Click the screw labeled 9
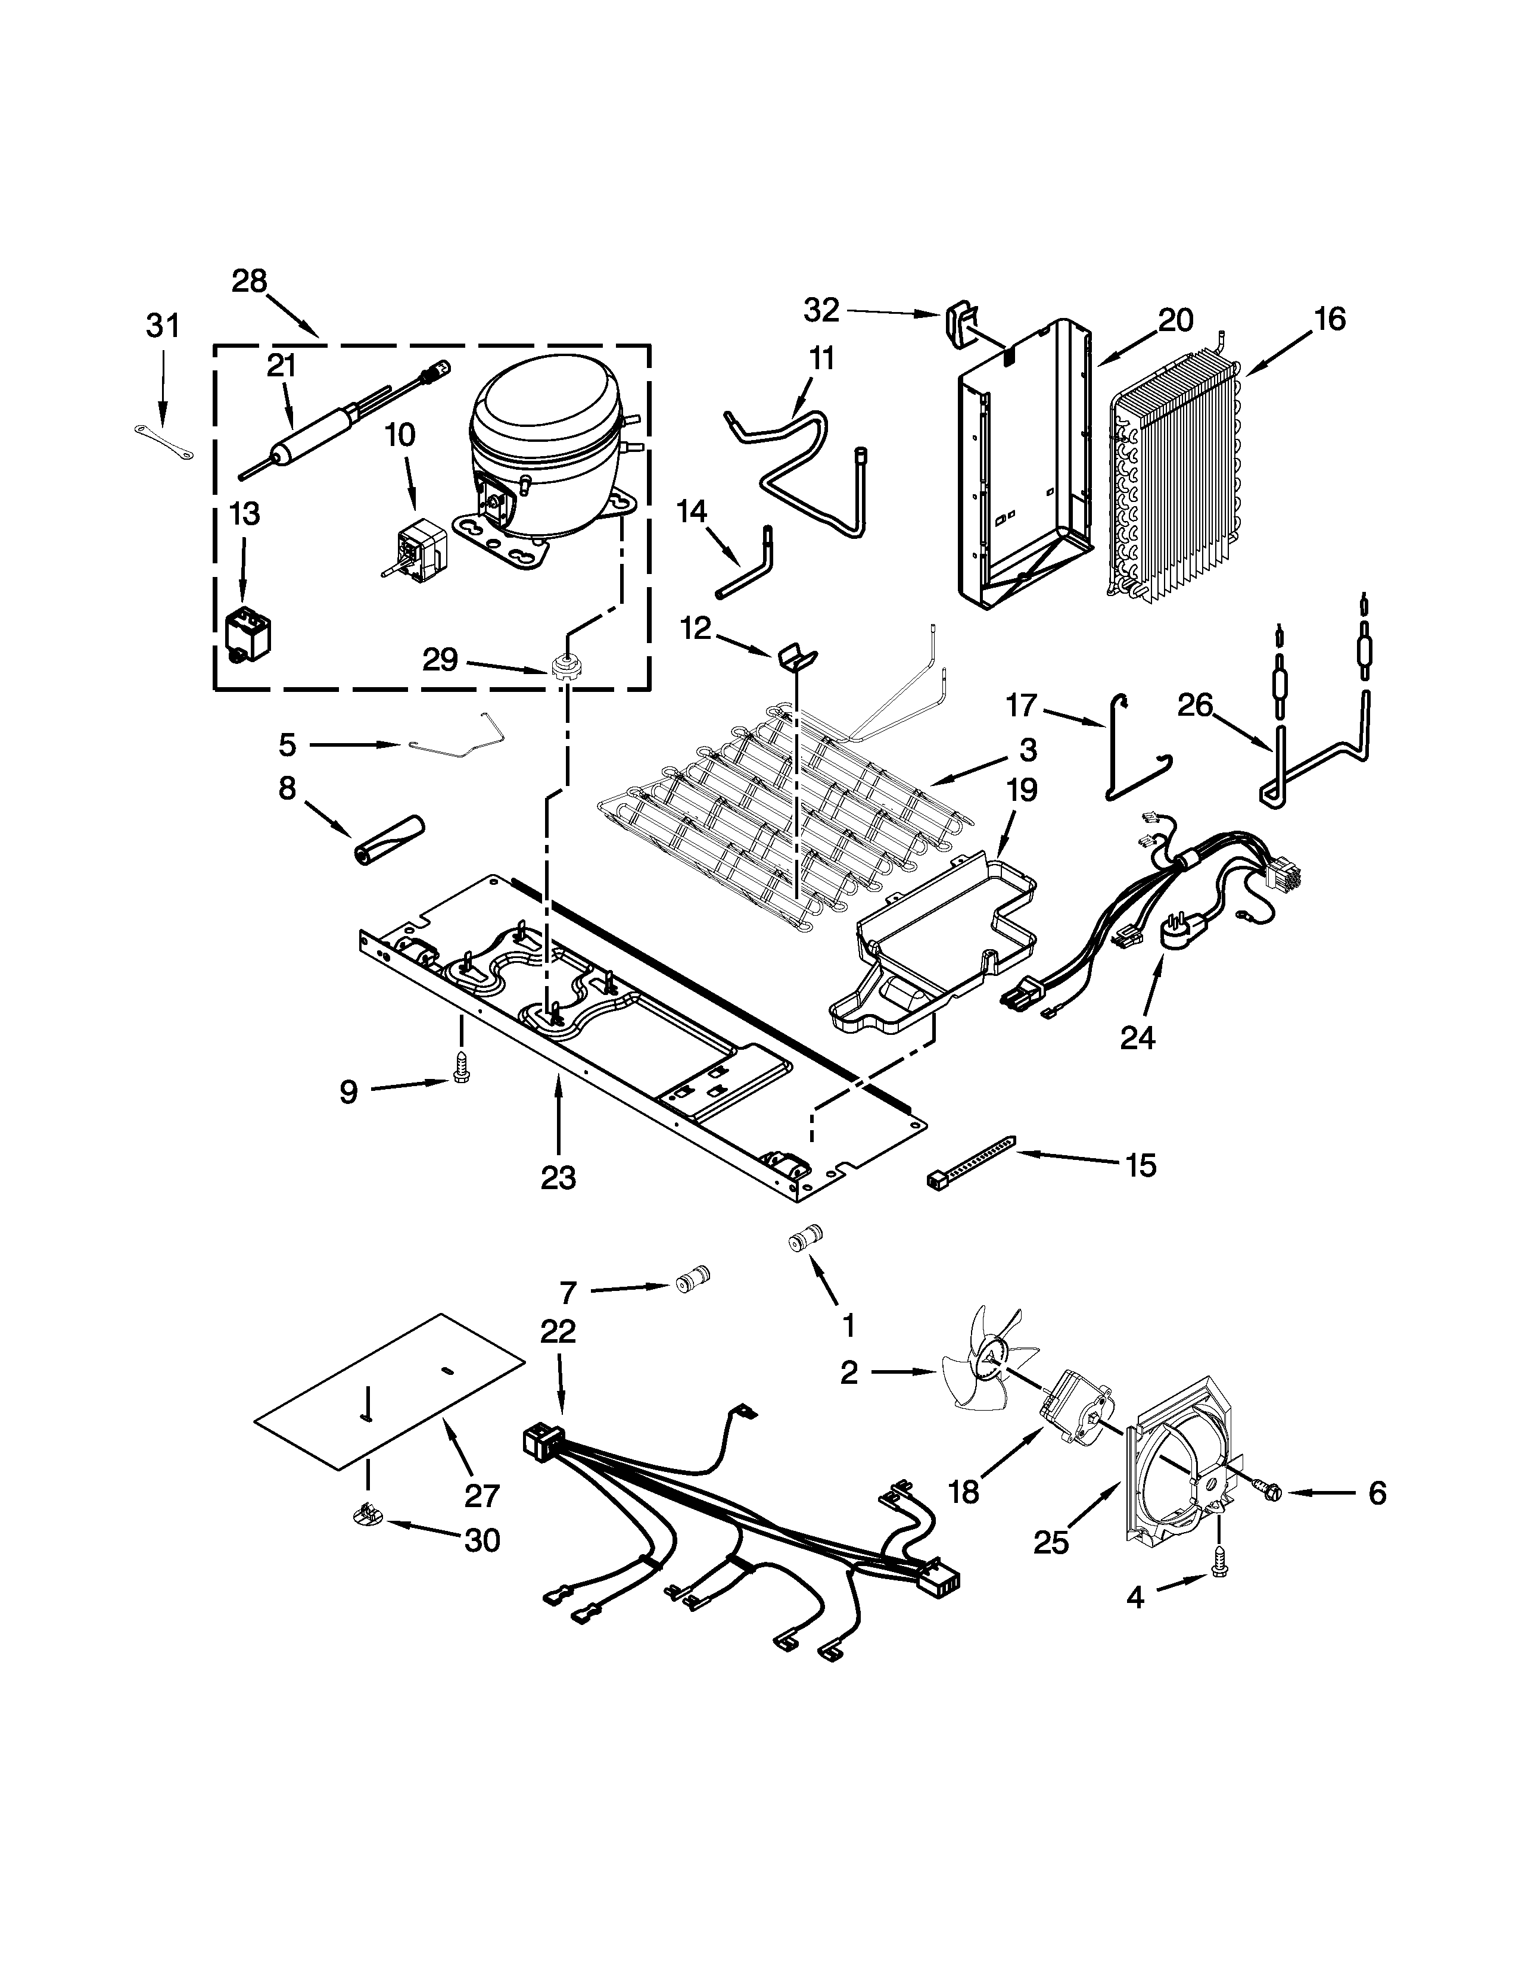coord(460,1069)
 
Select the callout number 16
coord(1329,319)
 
